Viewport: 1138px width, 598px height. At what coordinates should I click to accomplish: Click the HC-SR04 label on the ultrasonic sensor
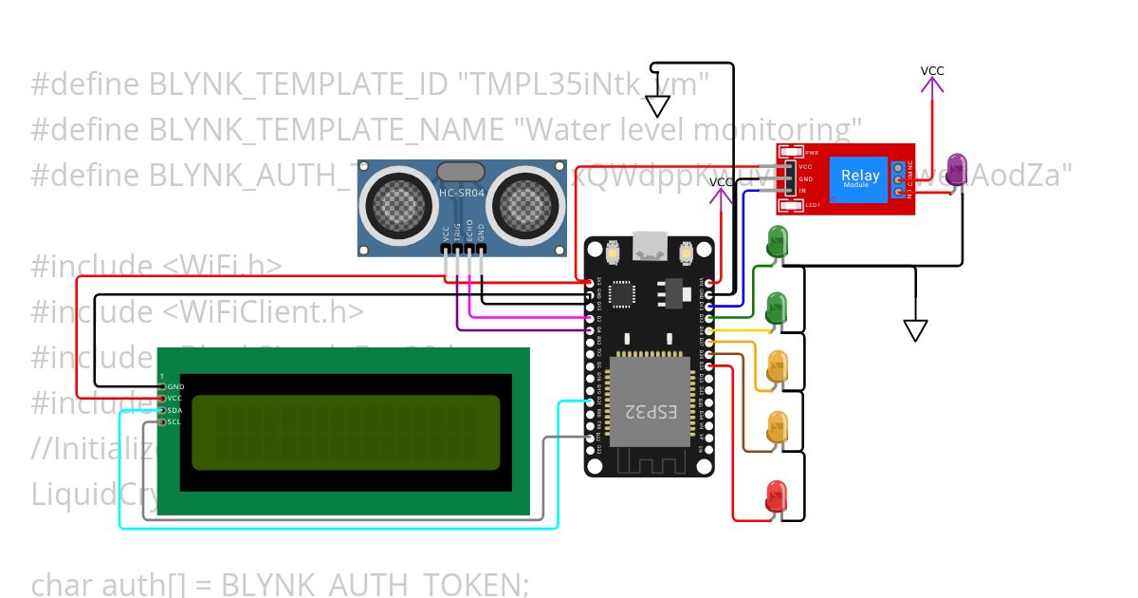point(460,194)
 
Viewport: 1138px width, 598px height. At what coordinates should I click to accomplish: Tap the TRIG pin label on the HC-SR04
point(457,234)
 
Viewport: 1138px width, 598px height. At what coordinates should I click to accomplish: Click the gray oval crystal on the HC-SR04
point(460,172)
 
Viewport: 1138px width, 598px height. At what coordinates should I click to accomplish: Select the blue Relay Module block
point(859,178)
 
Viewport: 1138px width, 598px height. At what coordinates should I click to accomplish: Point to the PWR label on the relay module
point(811,153)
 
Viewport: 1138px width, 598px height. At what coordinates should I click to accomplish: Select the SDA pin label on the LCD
point(174,410)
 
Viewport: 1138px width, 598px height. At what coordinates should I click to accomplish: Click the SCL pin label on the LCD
point(174,421)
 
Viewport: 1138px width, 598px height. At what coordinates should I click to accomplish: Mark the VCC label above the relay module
point(932,71)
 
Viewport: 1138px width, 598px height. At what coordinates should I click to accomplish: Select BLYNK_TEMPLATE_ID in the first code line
point(298,85)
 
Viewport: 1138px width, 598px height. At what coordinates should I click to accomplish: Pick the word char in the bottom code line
point(63,584)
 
